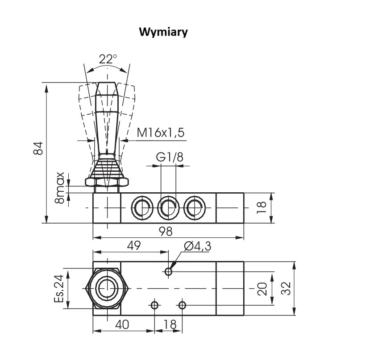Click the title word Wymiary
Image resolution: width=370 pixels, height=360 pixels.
[x=163, y=33]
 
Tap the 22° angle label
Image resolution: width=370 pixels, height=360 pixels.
[x=108, y=59]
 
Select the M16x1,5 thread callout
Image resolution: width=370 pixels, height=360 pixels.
[x=160, y=132]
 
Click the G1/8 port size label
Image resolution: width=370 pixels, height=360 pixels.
[x=168, y=157]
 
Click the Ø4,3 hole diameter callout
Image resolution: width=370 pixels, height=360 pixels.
[x=197, y=246]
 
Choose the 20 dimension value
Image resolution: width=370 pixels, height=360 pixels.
[x=262, y=288]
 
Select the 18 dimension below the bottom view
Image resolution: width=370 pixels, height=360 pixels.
[x=169, y=324]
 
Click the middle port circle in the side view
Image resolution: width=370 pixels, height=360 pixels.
[x=168, y=207]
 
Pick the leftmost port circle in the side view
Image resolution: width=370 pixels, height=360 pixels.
[x=142, y=207]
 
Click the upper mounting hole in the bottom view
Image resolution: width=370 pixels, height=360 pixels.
[x=168, y=272]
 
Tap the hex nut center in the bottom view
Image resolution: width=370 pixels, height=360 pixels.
[x=106, y=288]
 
